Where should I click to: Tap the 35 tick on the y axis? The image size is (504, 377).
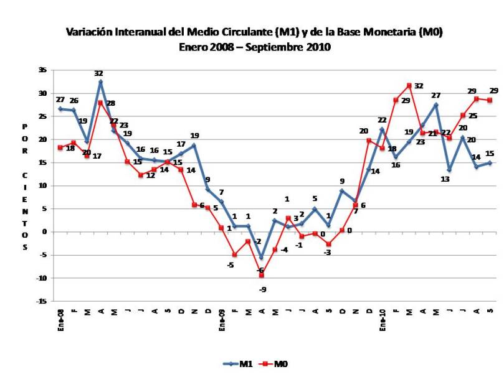(x=43, y=70)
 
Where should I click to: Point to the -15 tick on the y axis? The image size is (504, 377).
(x=42, y=301)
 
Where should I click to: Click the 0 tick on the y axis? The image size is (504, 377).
(x=45, y=232)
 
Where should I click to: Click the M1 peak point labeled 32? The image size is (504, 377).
(x=100, y=82)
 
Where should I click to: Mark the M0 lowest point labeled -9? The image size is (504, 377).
(x=262, y=275)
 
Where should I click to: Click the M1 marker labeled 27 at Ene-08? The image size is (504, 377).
(x=60, y=109)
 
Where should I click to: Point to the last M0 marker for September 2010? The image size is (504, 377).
(x=490, y=100)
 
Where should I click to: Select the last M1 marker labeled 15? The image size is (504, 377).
(x=490, y=163)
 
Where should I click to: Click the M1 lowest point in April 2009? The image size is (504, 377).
(x=262, y=257)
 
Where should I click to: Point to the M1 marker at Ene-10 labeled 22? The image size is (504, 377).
(x=382, y=129)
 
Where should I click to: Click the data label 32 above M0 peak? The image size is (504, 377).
(x=419, y=86)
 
